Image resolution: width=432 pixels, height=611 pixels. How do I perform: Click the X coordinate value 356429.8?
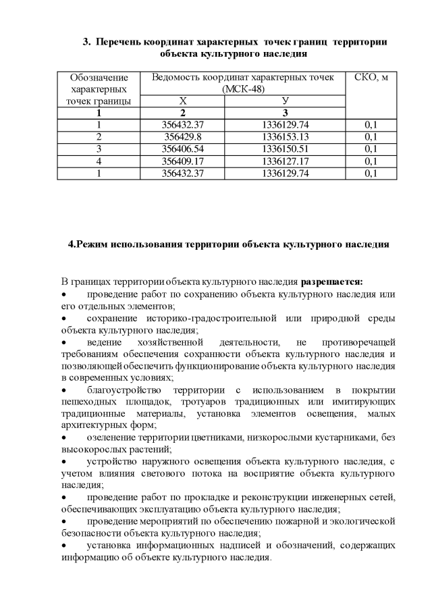[183, 136]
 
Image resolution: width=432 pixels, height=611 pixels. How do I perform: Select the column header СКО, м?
[371, 77]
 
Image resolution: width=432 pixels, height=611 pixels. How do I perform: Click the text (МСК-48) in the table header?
[243, 89]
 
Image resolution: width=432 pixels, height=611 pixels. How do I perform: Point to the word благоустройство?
[125, 390]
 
